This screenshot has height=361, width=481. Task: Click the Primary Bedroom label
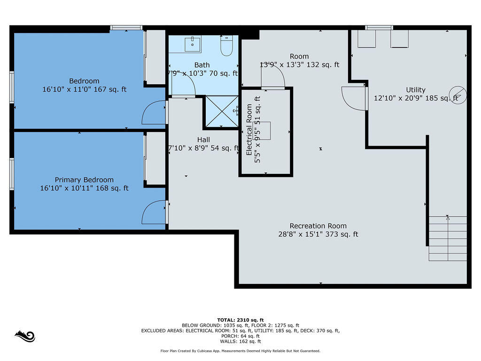(84, 180)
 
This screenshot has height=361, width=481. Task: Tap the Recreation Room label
(318, 226)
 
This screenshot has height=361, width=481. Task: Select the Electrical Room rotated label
(249, 130)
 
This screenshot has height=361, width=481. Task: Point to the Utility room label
(416, 90)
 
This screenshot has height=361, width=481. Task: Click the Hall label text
(204, 140)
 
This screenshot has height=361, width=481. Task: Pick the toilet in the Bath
(227, 46)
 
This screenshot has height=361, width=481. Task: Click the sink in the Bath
(192, 45)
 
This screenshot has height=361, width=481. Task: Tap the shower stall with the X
(222, 111)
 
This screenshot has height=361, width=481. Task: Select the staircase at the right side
(448, 238)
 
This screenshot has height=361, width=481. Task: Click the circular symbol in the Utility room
(458, 95)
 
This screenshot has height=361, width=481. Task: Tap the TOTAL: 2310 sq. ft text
(240, 320)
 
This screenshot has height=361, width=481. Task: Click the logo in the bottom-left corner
(25, 336)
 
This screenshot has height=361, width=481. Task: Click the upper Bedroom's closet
(155, 56)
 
